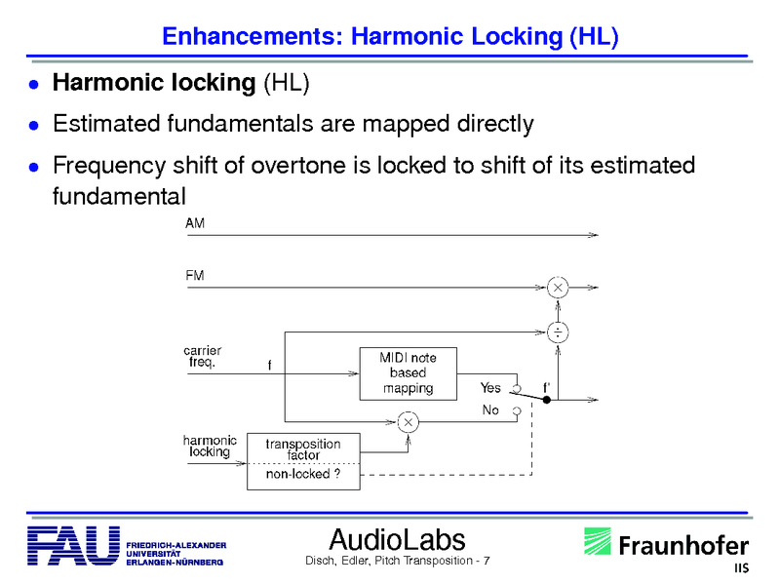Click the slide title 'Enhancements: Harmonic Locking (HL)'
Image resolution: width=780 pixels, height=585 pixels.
tap(390, 37)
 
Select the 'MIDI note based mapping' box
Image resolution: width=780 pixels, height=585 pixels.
tap(408, 373)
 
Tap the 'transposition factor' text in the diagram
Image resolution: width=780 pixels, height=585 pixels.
tap(303, 449)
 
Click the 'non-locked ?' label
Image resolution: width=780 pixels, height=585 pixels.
tap(303, 475)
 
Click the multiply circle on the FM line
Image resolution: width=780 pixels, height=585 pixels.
tap(558, 288)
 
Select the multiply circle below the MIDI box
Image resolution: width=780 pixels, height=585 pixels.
tap(409, 421)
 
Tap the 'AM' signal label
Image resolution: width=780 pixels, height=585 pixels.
tap(195, 223)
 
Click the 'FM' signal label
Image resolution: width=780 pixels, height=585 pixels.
tap(195, 276)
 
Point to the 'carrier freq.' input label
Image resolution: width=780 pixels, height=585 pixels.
tap(202, 356)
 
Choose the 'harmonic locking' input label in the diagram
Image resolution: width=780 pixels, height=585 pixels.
tap(210, 447)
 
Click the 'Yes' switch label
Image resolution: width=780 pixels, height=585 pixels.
tap(490, 388)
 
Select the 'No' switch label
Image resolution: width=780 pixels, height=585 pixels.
tap(490, 410)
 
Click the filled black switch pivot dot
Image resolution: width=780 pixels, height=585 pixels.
tap(547, 400)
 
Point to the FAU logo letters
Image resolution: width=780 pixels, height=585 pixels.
tap(74, 547)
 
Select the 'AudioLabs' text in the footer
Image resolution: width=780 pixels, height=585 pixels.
tap(398, 539)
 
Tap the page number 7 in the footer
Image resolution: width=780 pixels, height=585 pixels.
tap(486, 562)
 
